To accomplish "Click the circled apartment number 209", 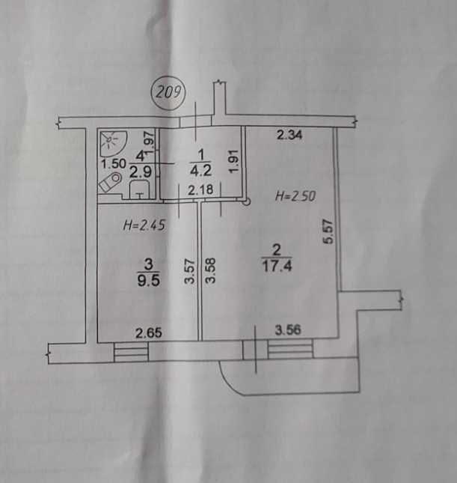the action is pyautogui.click(x=168, y=92).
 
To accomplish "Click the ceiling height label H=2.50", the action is pyautogui.click(x=295, y=196).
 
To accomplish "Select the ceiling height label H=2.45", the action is pyautogui.click(x=144, y=225).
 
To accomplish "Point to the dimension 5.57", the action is pyautogui.click(x=328, y=231).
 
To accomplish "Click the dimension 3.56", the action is pyautogui.click(x=288, y=330).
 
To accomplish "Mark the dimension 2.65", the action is pyautogui.click(x=149, y=333).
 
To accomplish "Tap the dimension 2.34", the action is pyautogui.click(x=289, y=136).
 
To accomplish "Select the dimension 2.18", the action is pyautogui.click(x=200, y=189).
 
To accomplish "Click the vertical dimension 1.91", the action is pyautogui.click(x=234, y=161).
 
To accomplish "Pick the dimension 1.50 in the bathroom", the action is pyautogui.click(x=114, y=163).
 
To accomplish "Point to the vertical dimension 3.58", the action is pyautogui.click(x=211, y=270).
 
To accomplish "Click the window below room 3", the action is pyautogui.click(x=131, y=351).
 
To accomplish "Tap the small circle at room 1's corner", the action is pyautogui.click(x=246, y=202).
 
